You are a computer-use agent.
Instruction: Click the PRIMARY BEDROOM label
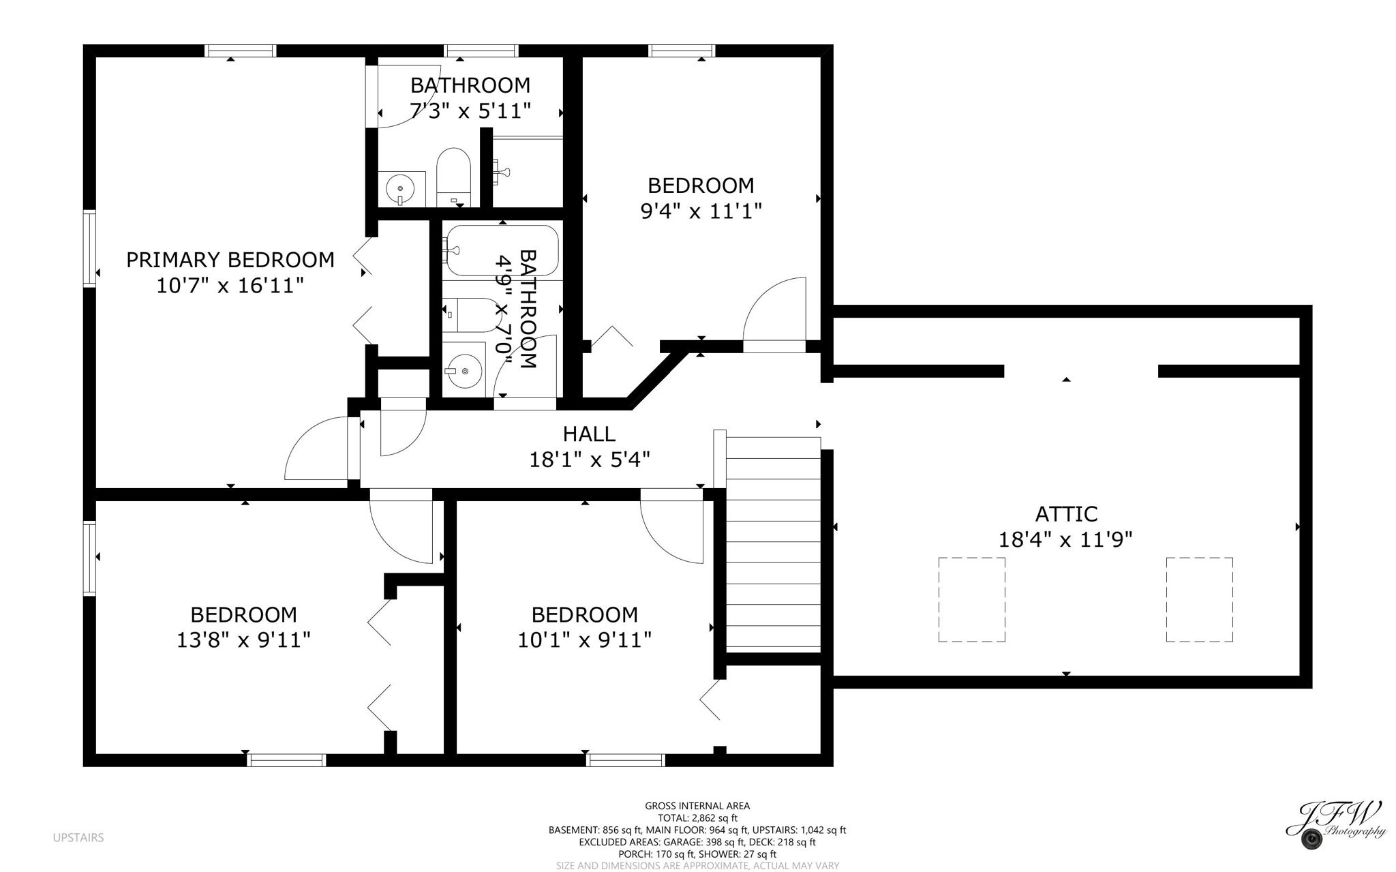(230, 260)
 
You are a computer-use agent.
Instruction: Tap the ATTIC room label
(1066, 513)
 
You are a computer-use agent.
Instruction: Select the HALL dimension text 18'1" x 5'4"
(590, 460)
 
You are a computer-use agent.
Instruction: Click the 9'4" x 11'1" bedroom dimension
(701, 211)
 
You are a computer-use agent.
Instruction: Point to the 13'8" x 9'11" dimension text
(243, 640)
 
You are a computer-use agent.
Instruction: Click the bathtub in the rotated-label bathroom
(502, 251)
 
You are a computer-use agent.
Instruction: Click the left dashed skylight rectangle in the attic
(971, 599)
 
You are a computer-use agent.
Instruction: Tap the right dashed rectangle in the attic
(1199, 599)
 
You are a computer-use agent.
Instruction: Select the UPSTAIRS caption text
(78, 837)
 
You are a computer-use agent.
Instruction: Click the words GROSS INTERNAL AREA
(697, 806)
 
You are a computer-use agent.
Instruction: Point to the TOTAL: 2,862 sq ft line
(697, 818)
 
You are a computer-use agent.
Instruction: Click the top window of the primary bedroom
(241, 50)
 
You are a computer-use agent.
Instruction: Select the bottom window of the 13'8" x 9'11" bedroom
(286, 760)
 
